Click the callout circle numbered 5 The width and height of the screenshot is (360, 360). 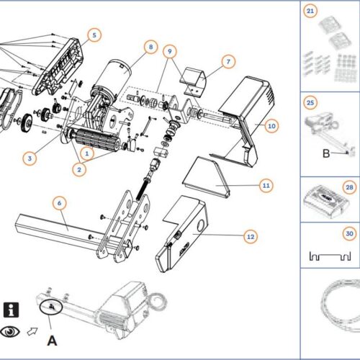tap(96, 35)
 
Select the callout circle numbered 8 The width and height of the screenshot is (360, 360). tap(150, 48)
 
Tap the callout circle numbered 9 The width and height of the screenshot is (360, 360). tap(169, 52)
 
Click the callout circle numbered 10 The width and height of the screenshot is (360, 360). tap(271, 125)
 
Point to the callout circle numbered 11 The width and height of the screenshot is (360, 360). tap(265, 186)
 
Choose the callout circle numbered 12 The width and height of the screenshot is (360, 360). tap(250, 236)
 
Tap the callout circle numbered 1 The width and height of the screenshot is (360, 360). tap(87, 153)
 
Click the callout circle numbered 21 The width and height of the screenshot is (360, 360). tap(310, 12)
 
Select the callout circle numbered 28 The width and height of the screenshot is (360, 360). tap(350, 187)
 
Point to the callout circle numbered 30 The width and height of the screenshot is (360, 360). tap(349, 233)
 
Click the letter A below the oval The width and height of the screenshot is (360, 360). tap(51, 338)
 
